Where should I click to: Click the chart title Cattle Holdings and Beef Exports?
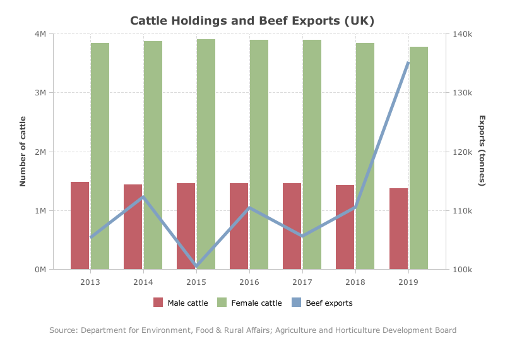coord(252,21)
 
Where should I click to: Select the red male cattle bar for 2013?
coord(80,225)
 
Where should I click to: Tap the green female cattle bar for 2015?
coord(206,154)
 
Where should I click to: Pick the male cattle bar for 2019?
coord(399,229)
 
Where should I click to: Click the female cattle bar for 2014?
coord(153,155)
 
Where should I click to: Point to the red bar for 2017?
coord(292,226)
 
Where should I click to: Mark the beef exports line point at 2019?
coord(408,63)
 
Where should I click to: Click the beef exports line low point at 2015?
coord(196,266)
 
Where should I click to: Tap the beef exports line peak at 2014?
coord(143,197)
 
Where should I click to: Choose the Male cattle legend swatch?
coord(158,303)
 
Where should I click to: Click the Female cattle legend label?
coord(256,303)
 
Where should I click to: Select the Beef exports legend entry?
coord(322,303)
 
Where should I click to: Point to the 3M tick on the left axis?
coord(40,93)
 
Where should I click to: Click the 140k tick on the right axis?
coord(463,34)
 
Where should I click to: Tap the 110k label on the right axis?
coord(463,211)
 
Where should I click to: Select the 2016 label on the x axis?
coord(249,282)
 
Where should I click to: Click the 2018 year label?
coord(355,282)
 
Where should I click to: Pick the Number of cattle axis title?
coord(23,152)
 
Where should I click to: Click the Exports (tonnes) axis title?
coord(482,151)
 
